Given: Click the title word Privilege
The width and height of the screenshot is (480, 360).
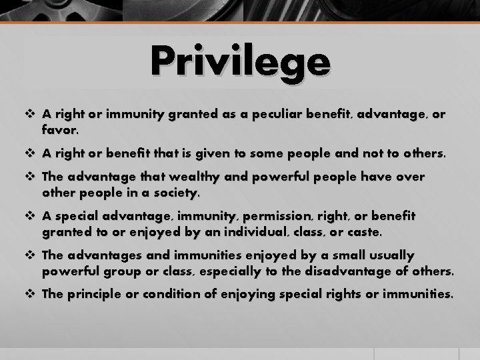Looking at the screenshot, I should point(240,62).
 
